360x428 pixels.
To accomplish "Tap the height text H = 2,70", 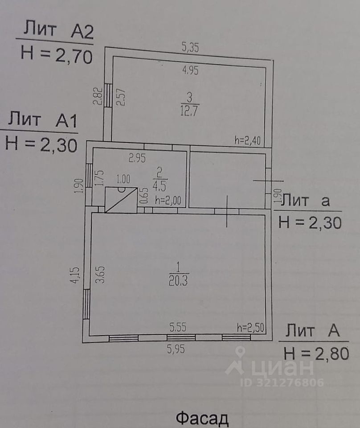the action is pyautogui.click(x=56, y=55).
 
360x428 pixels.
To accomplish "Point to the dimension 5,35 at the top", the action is pyautogui.click(x=190, y=47).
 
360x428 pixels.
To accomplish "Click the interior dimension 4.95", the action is pyautogui.click(x=190, y=70).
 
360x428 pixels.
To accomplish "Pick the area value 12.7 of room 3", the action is pyautogui.click(x=189, y=109).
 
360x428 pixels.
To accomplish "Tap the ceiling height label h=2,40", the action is pyautogui.click(x=250, y=140).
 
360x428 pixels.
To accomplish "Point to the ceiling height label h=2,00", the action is pyautogui.click(x=168, y=201).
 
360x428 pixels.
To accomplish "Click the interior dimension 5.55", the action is pyautogui.click(x=177, y=328).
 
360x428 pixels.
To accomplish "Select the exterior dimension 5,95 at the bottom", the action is pyautogui.click(x=176, y=350).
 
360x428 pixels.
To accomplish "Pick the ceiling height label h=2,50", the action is pyautogui.click(x=251, y=328).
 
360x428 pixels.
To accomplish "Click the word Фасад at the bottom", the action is pyautogui.click(x=202, y=419).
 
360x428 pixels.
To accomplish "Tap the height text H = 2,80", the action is pyautogui.click(x=315, y=354).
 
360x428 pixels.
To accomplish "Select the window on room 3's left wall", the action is pyautogui.click(x=108, y=95).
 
